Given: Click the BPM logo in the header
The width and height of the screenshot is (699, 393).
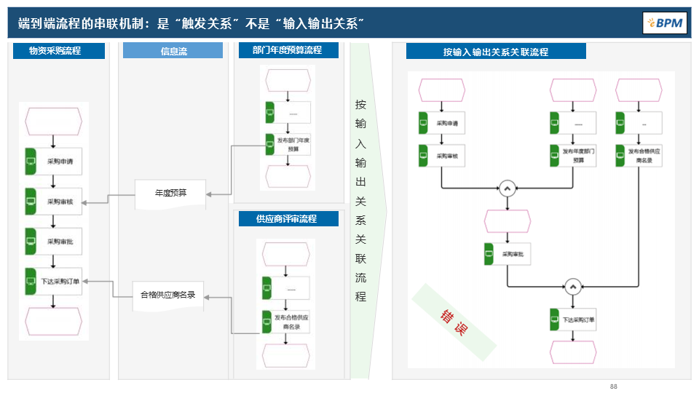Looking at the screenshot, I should [x=664, y=23].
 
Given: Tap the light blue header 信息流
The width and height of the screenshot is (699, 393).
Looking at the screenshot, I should [x=173, y=51].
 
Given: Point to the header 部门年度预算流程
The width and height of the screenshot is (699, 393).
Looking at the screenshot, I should [x=287, y=50].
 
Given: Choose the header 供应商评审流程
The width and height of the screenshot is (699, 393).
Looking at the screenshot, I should [x=287, y=218].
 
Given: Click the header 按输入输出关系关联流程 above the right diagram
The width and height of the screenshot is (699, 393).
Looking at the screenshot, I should [x=496, y=52].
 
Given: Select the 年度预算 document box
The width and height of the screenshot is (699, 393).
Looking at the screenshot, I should [x=170, y=194].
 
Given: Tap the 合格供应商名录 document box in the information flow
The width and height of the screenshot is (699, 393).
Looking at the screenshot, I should [x=168, y=295].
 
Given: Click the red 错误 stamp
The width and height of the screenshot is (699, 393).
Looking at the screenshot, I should [x=452, y=322].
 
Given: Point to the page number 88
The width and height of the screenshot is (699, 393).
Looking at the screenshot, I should [x=613, y=386].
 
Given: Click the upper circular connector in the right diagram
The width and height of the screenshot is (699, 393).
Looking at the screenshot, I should [x=507, y=188].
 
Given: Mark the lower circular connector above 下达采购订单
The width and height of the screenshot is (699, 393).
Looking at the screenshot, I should [x=572, y=286].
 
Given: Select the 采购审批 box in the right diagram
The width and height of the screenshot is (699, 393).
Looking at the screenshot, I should [x=508, y=254].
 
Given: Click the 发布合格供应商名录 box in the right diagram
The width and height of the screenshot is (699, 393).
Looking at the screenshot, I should [x=639, y=156].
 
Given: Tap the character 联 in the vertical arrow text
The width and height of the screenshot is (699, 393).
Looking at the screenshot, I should [x=360, y=258].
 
